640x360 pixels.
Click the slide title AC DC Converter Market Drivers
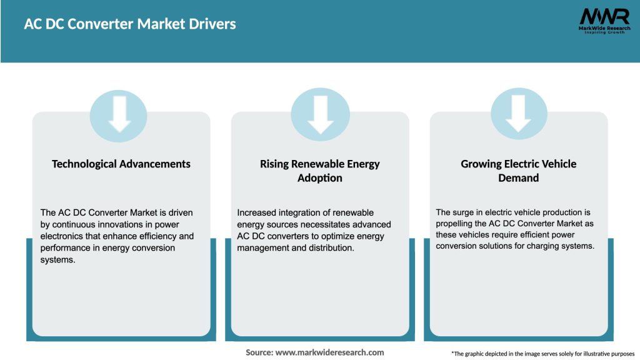coord(130,24)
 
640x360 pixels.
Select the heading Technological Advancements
coord(121,164)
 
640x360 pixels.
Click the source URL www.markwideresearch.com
coord(329,352)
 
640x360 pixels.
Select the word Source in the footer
coord(259,352)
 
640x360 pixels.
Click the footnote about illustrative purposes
coord(542,354)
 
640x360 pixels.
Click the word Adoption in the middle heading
coord(320,178)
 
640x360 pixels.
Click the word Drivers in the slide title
coord(214,24)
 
